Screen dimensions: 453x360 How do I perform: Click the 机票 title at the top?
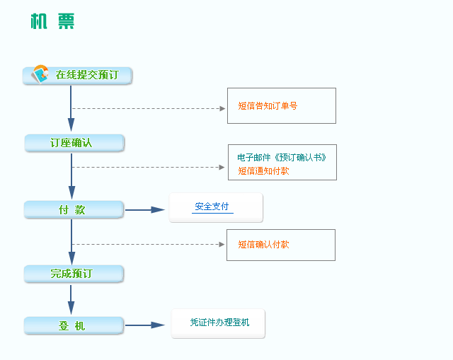52,21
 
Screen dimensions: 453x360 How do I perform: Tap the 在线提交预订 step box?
77,76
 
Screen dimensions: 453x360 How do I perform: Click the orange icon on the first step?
40,74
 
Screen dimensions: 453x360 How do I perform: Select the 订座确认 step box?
74,143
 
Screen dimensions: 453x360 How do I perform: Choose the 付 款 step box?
74,209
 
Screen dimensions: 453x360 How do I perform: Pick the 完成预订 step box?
74,274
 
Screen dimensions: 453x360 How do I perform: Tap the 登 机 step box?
74,325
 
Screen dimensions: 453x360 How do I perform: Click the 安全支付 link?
212,207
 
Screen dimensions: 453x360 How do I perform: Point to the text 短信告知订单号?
268,105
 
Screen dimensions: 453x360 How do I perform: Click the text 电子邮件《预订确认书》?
282,157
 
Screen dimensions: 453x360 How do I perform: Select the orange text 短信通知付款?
263,171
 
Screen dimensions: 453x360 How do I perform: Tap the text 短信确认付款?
263,245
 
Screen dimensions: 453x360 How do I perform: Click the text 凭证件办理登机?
220,323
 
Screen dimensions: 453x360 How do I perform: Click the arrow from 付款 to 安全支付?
144,210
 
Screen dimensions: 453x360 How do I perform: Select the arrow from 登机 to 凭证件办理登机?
144,325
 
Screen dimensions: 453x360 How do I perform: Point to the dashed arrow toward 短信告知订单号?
149,108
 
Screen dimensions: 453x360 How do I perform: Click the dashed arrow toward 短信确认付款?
148,245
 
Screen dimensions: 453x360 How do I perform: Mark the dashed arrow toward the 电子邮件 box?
148,167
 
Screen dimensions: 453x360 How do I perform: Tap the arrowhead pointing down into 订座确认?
71,124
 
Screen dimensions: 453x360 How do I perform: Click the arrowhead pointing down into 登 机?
71,308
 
